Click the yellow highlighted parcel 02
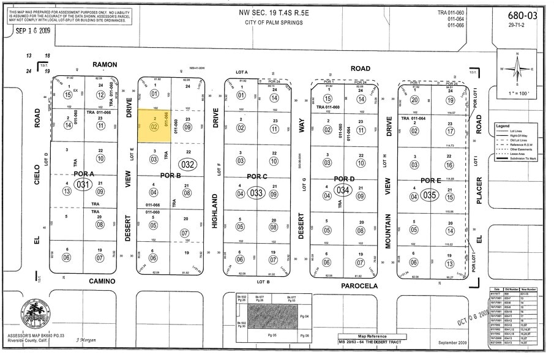[154, 127]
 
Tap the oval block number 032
[187, 164]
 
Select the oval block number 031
[83, 184]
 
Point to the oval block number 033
[257, 193]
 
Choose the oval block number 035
[430, 196]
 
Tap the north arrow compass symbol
[517, 69]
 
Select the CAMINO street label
[103, 281]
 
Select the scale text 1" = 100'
[517, 92]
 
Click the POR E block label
[430, 181]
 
